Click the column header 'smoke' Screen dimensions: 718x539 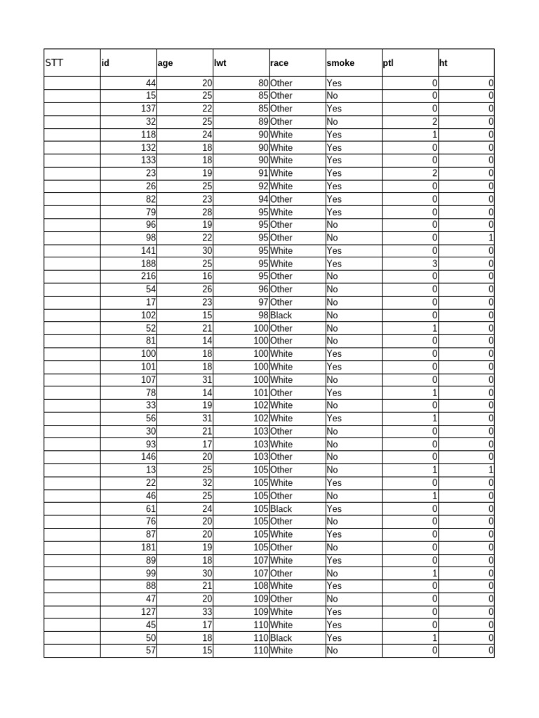pos(340,63)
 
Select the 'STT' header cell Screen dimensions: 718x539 pos(54,63)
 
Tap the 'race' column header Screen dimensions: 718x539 pos(279,63)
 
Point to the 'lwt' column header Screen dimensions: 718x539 pos(220,63)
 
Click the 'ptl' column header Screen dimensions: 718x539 pos(388,63)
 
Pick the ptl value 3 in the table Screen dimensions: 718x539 pos(434,264)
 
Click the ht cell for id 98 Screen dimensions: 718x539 pos(491,238)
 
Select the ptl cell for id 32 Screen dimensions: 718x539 pos(434,121)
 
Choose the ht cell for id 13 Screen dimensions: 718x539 pos(491,470)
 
